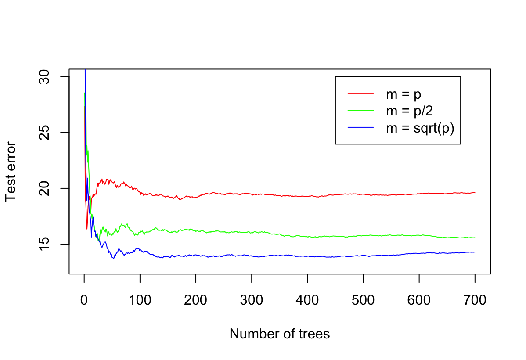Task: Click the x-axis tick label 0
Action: (x=84, y=301)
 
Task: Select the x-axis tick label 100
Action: (x=140, y=301)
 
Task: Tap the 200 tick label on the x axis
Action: (x=196, y=301)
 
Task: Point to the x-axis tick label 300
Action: (x=252, y=301)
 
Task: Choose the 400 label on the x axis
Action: (x=307, y=301)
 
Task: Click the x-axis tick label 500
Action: (x=364, y=301)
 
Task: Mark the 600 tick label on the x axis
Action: (x=419, y=301)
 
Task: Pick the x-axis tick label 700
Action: (x=475, y=301)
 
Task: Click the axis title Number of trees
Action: (x=280, y=334)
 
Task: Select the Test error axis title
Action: (x=11, y=172)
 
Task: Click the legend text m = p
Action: (x=404, y=94)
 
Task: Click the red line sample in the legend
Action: (x=360, y=94)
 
